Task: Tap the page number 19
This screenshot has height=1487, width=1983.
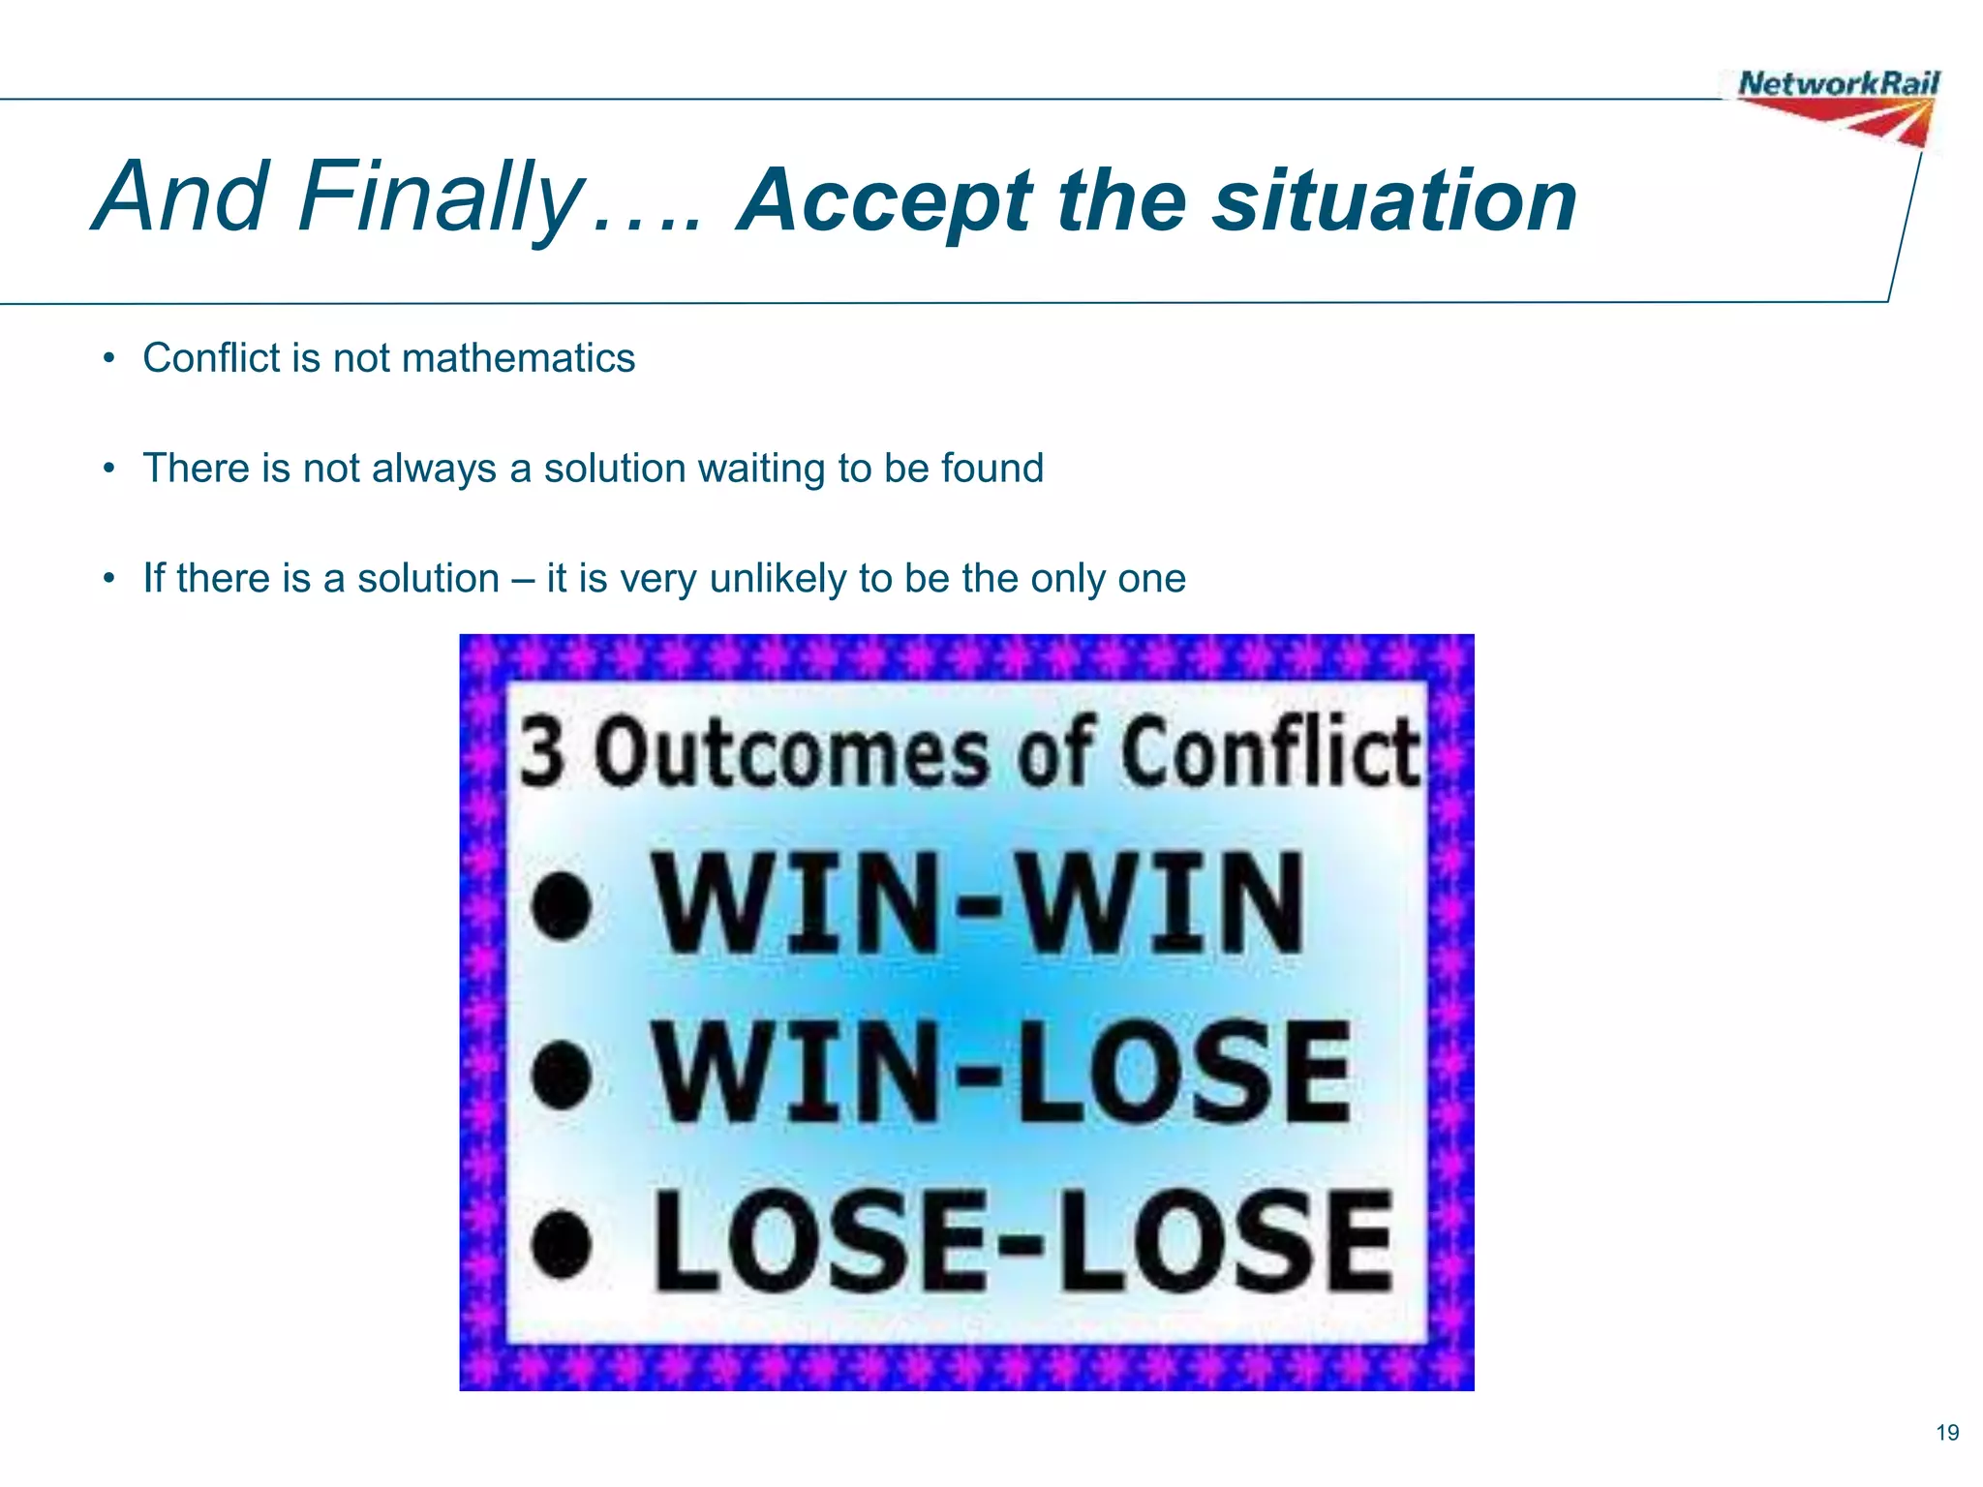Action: pyautogui.click(x=1947, y=1433)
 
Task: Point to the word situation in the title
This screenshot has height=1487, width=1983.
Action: pyautogui.click(x=1395, y=201)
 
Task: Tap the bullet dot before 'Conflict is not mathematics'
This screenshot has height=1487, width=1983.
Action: pyautogui.click(x=110, y=359)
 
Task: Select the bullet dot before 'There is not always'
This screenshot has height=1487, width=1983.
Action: pyautogui.click(x=110, y=470)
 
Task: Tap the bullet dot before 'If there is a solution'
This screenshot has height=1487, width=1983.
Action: pyautogui.click(x=110, y=580)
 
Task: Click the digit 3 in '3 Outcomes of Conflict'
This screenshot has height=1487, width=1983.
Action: pyautogui.click(x=543, y=753)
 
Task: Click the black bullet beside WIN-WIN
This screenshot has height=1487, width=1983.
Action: pyautogui.click(x=563, y=904)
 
